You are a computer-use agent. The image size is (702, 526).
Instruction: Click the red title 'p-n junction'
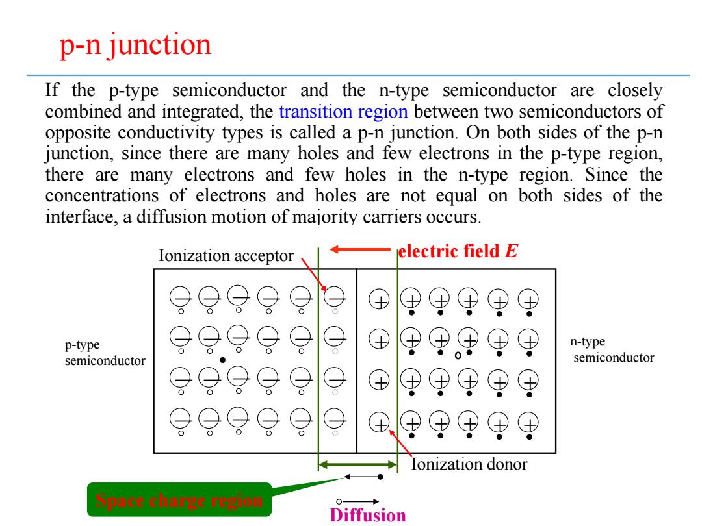135,45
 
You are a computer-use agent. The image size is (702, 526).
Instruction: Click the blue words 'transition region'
343,112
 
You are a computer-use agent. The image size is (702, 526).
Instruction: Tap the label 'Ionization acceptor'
226,256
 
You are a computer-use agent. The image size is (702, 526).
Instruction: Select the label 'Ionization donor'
469,464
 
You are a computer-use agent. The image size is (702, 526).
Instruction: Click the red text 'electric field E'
458,251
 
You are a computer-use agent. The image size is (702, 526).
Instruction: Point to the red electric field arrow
360,249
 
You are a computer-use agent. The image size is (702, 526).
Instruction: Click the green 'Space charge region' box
179,499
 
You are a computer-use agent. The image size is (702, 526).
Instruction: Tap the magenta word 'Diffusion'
368,515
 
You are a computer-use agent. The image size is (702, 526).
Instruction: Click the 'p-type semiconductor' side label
105,353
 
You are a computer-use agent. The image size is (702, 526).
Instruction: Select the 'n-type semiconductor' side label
612,349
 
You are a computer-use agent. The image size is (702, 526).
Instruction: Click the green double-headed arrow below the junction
357,465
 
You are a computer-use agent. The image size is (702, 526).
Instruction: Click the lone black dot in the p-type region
222,360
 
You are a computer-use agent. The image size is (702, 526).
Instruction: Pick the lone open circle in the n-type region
458,356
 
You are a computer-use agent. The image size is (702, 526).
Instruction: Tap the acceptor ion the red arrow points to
335,295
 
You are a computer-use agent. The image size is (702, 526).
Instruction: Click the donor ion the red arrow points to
379,423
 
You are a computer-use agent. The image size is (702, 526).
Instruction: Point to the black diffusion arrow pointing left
363,477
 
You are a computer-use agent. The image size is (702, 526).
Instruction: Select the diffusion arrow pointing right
357,501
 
